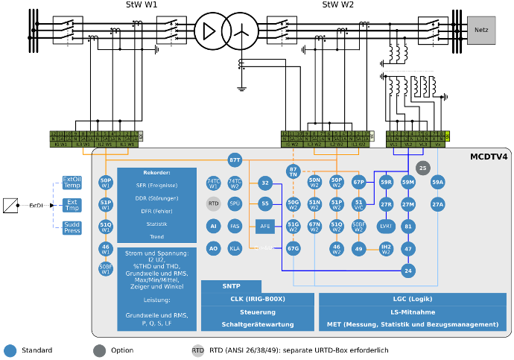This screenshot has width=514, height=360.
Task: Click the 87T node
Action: [x=235, y=160]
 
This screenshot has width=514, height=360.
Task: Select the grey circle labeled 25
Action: [x=422, y=168]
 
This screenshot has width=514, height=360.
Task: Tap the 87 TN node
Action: [x=293, y=171]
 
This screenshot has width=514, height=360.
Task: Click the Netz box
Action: [x=481, y=30]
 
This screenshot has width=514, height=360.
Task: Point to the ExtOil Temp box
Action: [x=72, y=183]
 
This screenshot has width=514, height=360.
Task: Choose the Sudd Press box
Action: [x=72, y=227]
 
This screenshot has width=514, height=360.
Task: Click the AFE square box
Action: [x=265, y=227]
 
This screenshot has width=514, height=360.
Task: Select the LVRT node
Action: [x=386, y=227]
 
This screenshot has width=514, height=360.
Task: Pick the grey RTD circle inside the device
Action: [x=213, y=203]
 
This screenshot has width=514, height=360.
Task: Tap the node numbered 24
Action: [x=407, y=271]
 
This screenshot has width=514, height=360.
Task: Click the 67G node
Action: [x=293, y=249]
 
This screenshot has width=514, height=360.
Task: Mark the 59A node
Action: [x=437, y=182]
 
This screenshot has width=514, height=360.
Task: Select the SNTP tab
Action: [x=231, y=286]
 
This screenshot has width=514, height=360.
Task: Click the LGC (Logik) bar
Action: [x=412, y=299]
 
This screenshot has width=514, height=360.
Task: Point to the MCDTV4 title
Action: [x=489, y=157]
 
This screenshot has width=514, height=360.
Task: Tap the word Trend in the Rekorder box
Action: [x=156, y=237]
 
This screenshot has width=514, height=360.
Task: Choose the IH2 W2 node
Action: [x=386, y=249]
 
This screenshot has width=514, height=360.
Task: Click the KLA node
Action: [x=235, y=249]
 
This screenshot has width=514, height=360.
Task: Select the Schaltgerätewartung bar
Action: [x=257, y=324]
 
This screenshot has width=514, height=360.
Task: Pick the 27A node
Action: [x=437, y=204]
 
